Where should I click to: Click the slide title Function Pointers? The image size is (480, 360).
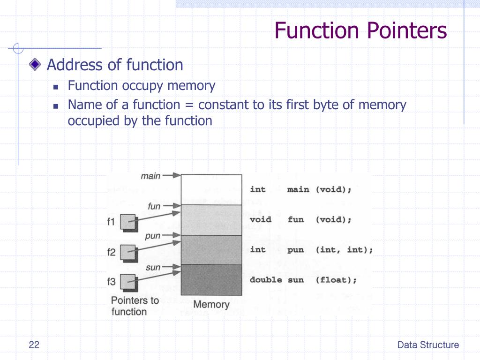tap(360, 31)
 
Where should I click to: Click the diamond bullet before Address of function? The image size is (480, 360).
tap(35, 65)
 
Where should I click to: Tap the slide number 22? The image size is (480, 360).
tap(34, 345)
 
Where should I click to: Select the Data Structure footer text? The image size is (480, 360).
tap(428, 345)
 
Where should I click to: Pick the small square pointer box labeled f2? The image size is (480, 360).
tap(127, 252)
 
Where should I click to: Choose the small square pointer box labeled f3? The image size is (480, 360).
tap(127, 282)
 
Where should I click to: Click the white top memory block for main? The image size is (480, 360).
tap(211, 189)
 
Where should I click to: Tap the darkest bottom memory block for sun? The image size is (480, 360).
tap(211, 280)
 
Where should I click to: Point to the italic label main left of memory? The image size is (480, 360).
tap(150, 176)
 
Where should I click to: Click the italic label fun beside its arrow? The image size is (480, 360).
tap(154, 206)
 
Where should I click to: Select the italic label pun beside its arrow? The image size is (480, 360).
tap(153, 236)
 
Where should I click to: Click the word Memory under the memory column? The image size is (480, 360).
tap(211, 304)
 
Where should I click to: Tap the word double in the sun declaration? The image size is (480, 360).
tap(266, 280)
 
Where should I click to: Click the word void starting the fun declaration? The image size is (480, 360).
tap(260, 219)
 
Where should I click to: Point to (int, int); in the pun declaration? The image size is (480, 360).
tap(344, 250)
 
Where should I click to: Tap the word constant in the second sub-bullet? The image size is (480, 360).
tap(220, 105)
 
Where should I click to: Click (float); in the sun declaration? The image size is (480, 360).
tap(336, 280)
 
